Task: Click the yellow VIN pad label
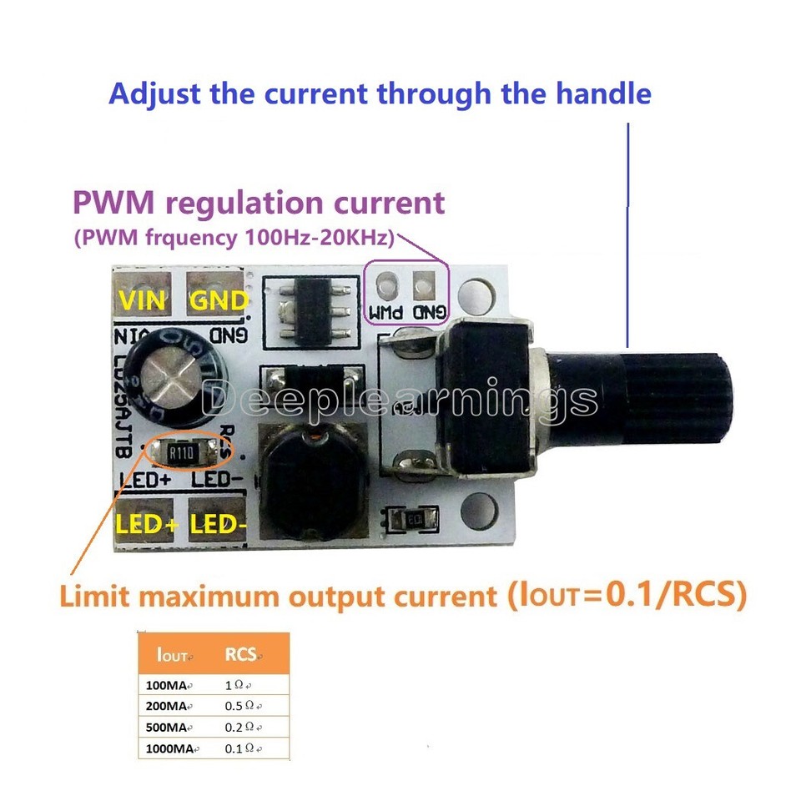144,301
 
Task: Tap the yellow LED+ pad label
148,525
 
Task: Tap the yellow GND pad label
219,301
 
